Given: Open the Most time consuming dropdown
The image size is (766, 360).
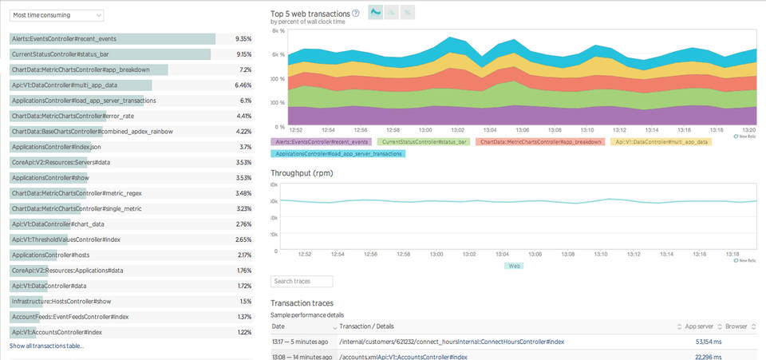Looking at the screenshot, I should [57, 15].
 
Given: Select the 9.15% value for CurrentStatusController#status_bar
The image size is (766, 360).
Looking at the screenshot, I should [244, 54].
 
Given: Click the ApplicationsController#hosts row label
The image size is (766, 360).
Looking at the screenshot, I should [50, 255].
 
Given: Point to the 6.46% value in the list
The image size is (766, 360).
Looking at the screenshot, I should [243, 85].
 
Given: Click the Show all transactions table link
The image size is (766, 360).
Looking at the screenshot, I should [46, 346].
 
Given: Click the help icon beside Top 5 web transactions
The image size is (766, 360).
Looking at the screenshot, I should [355, 13].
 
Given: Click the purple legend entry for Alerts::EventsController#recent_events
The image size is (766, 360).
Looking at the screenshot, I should [321, 141].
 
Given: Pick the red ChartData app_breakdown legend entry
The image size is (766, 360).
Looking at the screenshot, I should [530, 141].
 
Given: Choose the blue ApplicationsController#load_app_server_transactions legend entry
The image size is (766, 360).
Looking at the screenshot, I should [339, 153].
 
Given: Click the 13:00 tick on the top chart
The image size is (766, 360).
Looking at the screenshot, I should [425, 129].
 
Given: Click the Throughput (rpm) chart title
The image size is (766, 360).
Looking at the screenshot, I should [302, 172].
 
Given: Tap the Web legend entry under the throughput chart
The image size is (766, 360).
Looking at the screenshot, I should [515, 266].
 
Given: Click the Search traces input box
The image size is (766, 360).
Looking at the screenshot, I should [302, 282].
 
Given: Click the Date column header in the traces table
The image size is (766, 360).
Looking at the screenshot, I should [278, 326].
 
